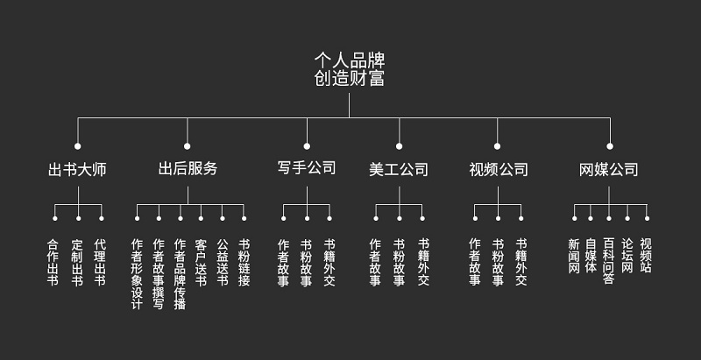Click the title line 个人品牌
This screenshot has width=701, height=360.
tap(350, 60)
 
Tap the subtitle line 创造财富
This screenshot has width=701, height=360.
tap(350, 78)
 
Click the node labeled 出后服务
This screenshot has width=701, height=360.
tap(188, 168)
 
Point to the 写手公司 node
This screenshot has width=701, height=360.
tap(307, 168)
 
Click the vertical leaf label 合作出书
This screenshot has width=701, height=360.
tap(53, 263)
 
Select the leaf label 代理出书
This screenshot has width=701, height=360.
tap(100, 263)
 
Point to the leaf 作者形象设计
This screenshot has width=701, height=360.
tap(137, 273)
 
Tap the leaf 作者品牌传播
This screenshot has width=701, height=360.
tap(180, 273)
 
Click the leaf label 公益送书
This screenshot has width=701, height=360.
tap(223, 263)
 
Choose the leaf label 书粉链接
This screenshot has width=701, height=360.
tap(244, 263)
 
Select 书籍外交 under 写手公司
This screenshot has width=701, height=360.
tap(329, 263)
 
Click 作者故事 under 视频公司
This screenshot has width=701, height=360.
tap(475, 263)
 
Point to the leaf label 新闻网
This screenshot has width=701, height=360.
tap(574, 257)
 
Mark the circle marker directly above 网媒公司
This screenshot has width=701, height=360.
tap(610, 145)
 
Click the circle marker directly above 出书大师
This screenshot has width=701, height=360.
tap(77, 145)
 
